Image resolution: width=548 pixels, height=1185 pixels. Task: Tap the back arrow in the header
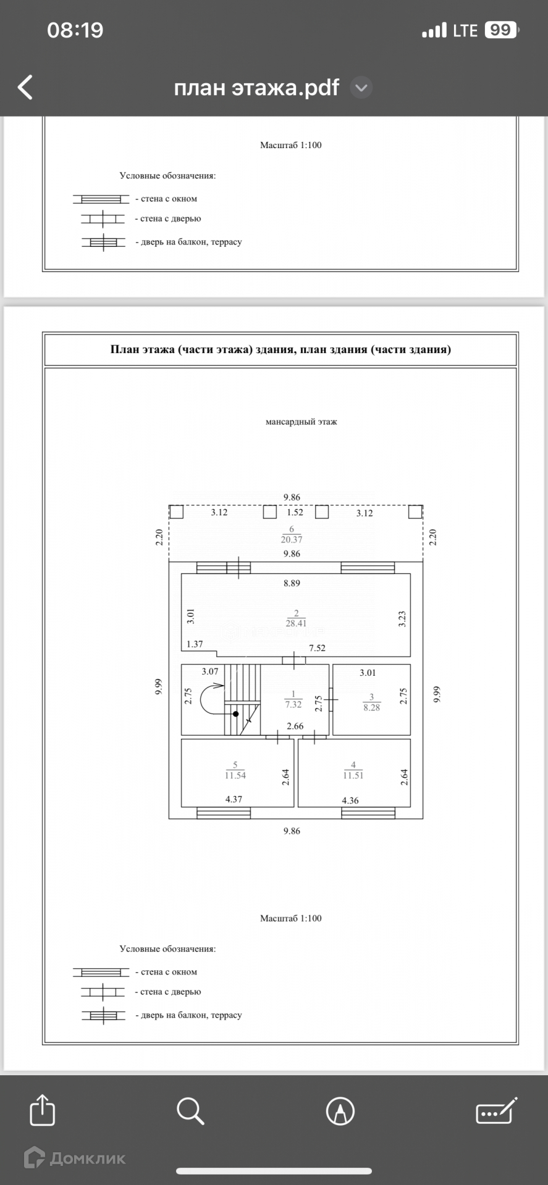pos(25,87)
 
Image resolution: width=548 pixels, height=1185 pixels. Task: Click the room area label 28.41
pos(296,623)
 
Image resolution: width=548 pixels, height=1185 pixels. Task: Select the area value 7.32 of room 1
pos(293,704)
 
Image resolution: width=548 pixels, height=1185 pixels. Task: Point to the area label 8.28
pos(371,707)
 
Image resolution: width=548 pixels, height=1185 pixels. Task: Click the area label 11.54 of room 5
pos(235,775)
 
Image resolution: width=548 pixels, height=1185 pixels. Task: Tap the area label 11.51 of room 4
pos(353,775)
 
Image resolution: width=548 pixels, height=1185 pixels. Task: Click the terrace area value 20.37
pos(292,539)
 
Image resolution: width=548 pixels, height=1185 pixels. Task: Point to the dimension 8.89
pos(292,583)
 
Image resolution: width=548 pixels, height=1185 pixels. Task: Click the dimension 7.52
pos(317,648)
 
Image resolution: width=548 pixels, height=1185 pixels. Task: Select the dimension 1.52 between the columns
pos(295,512)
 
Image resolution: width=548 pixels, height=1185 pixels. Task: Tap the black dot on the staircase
pos(235,713)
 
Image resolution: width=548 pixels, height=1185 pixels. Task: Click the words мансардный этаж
pos(301,422)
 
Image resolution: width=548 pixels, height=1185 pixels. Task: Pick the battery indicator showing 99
pos(501,30)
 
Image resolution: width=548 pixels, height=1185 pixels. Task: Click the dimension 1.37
pos(195,644)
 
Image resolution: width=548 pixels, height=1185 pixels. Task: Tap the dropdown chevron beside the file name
pos(361,88)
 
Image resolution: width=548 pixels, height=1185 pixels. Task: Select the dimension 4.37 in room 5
pos(234,799)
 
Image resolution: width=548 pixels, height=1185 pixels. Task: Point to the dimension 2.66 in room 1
pos(295,726)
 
